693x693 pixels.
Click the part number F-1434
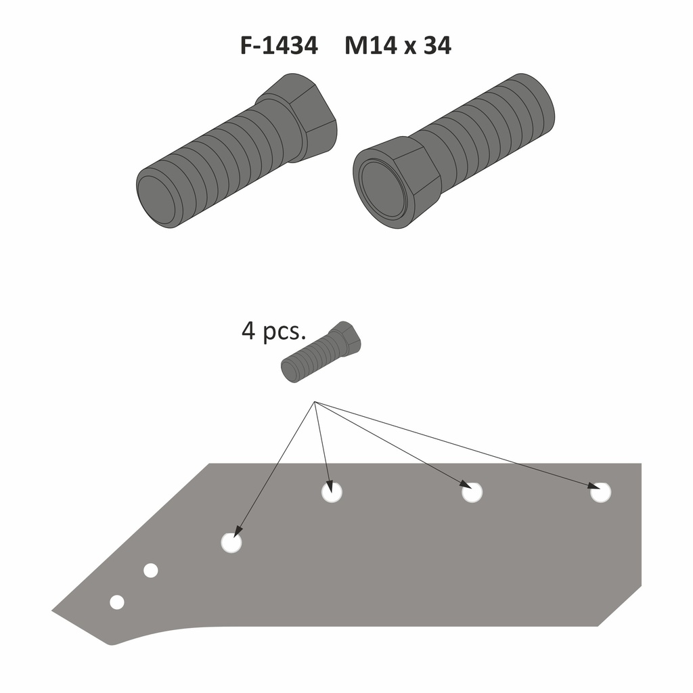pyautogui.click(x=279, y=46)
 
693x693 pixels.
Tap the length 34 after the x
pyautogui.click(x=437, y=46)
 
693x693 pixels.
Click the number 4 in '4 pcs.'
pyautogui.click(x=248, y=332)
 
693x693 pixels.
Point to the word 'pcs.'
pyautogui.click(x=284, y=333)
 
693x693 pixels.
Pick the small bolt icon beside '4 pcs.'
pyautogui.click(x=321, y=352)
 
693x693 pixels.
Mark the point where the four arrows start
pyautogui.click(x=315, y=403)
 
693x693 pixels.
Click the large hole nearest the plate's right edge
pyautogui.click(x=600, y=492)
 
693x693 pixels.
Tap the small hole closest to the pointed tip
pyautogui.click(x=116, y=602)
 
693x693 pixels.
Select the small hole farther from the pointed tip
pyautogui.click(x=150, y=571)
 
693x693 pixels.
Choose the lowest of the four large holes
pyautogui.click(x=231, y=543)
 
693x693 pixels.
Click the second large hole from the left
pyautogui.click(x=332, y=492)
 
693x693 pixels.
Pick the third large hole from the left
pyautogui.click(x=472, y=492)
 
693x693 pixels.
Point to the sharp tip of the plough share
pyautogui.click(x=54, y=611)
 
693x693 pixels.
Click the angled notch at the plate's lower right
pyautogui.click(x=619, y=609)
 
